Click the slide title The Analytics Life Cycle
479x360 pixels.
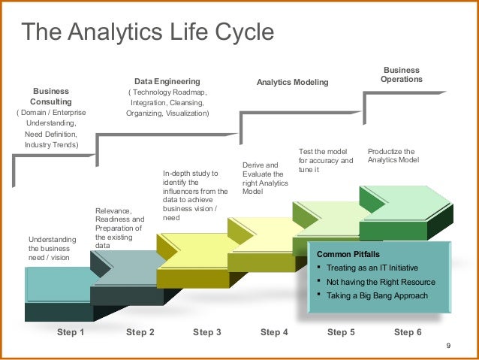(x=147, y=32)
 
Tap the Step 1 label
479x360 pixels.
(x=71, y=332)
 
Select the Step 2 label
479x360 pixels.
(x=140, y=332)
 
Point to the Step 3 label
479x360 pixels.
(x=207, y=332)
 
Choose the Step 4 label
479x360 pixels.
(x=274, y=332)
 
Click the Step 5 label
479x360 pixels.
(x=341, y=332)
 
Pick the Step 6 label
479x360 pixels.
(x=408, y=332)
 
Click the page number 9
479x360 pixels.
(x=447, y=346)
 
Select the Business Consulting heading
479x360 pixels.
(x=51, y=95)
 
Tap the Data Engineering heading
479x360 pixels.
(x=167, y=80)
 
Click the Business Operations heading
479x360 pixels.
(x=402, y=74)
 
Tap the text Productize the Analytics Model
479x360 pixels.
(x=391, y=156)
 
